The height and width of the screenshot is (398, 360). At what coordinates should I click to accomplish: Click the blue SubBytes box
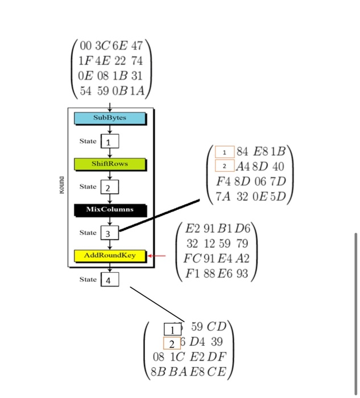pos(110,118)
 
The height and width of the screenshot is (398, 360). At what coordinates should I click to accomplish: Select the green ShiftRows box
pos(110,164)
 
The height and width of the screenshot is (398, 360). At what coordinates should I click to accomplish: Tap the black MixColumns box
pos(110,209)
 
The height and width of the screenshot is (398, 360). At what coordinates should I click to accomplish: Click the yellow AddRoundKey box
pos(110,255)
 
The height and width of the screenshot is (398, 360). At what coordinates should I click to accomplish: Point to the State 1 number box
pos(110,140)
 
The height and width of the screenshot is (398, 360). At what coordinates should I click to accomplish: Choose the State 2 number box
pos(110,186)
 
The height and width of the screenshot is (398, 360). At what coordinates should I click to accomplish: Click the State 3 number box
pos(110,233)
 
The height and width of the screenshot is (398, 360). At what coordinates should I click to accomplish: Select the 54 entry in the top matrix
pos(86,91)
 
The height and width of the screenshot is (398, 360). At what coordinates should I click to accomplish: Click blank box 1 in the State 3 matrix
pos(225,152)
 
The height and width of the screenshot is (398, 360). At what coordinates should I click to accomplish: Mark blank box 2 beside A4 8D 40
pos(225,166)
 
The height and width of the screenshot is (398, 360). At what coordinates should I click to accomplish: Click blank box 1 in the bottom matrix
pos(172,329)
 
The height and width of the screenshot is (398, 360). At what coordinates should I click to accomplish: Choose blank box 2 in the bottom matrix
pos(171,343)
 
